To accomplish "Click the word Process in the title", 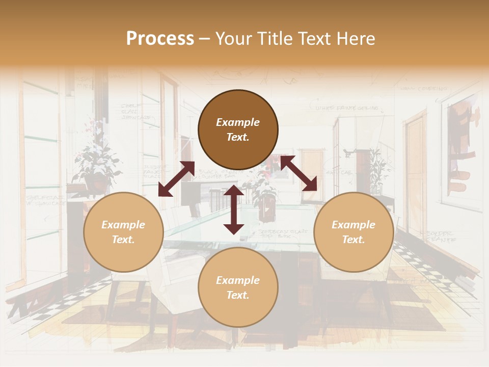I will (160, 39).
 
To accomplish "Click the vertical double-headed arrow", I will (234, 209).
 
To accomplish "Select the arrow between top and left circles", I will (176, 179).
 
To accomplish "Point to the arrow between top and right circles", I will (298, 173).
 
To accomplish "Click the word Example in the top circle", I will (238, 122).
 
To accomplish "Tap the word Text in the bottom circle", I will (238, 295).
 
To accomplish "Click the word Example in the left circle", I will (123, 225).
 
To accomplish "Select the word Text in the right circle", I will (354, 240).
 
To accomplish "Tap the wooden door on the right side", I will (415, 158).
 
